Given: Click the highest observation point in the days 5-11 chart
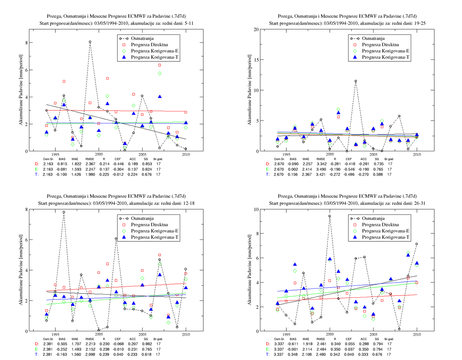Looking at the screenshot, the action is point(90,42).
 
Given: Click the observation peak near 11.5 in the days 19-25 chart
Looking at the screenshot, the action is point(356,81).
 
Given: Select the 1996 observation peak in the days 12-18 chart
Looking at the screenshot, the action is point(64,212).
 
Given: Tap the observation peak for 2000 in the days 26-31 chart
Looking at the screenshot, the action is point(330,216).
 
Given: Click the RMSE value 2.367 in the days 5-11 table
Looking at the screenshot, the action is point(90,164).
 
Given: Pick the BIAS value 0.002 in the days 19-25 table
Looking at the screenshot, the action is point(293,169).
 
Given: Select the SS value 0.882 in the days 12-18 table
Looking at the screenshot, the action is point(147,344).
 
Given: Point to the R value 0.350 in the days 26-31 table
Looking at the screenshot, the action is point(335,349).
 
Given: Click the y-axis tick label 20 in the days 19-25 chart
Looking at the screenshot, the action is point(256,29).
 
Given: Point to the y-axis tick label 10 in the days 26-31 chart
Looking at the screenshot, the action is point(256,209).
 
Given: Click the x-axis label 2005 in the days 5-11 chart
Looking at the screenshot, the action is point(142,154).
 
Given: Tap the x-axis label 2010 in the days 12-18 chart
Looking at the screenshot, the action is point(186,334).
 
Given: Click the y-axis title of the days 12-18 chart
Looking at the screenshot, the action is point(21,270).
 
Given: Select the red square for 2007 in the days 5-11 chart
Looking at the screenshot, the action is point(160,65).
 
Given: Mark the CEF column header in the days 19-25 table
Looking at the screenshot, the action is point(349,159).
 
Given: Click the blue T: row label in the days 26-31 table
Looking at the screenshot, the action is point(268,354).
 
